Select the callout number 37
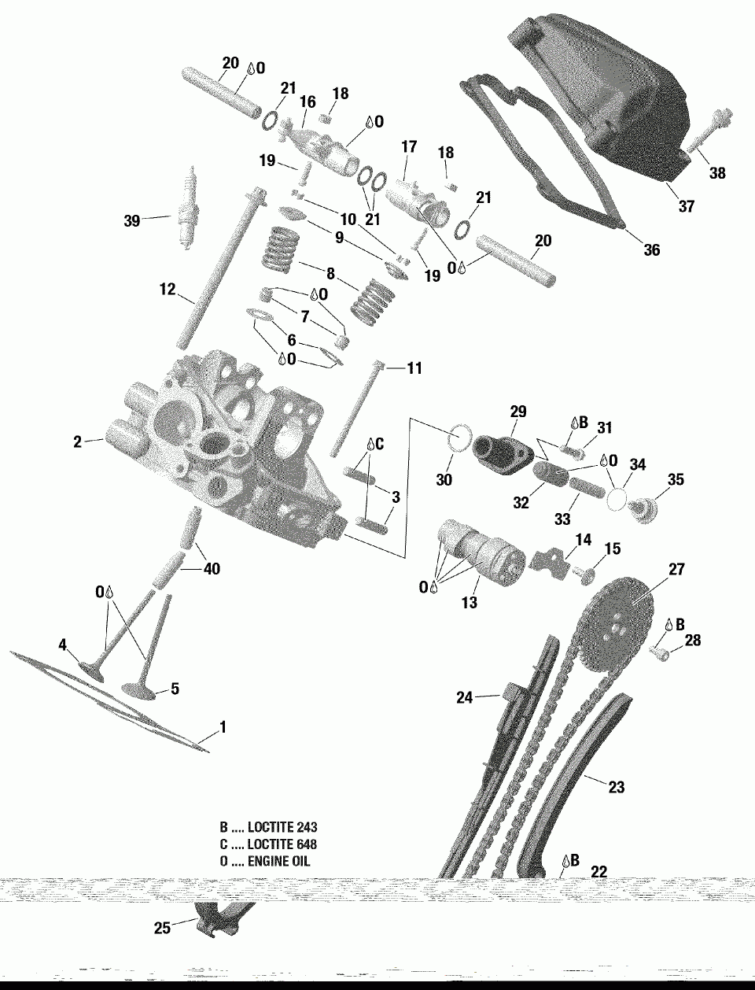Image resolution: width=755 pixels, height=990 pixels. (x=687, y=206)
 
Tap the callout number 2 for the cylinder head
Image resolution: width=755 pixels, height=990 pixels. (x=78, y=442)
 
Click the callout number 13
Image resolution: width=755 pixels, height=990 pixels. (x=470, y=603)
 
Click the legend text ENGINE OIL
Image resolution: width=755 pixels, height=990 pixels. (x=279, y=861)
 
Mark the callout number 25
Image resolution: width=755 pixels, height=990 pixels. (x=162, y=929)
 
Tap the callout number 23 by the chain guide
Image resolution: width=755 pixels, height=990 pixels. (x=617, y=786)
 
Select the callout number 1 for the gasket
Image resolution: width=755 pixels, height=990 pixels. (x=223, y=728)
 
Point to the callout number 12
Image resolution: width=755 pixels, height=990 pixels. (x=168, y=290)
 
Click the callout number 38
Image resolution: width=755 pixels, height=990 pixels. (x=717, y=173)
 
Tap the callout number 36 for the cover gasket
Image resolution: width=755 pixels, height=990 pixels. (x=651, y=250)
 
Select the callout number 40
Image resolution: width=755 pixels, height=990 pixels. (x=212, y=569)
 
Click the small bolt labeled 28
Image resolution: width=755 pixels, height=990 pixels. (x=660, y=652)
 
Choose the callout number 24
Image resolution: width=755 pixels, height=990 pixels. (x=465, y=696)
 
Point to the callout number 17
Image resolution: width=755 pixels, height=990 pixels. (x=408, y=146)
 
